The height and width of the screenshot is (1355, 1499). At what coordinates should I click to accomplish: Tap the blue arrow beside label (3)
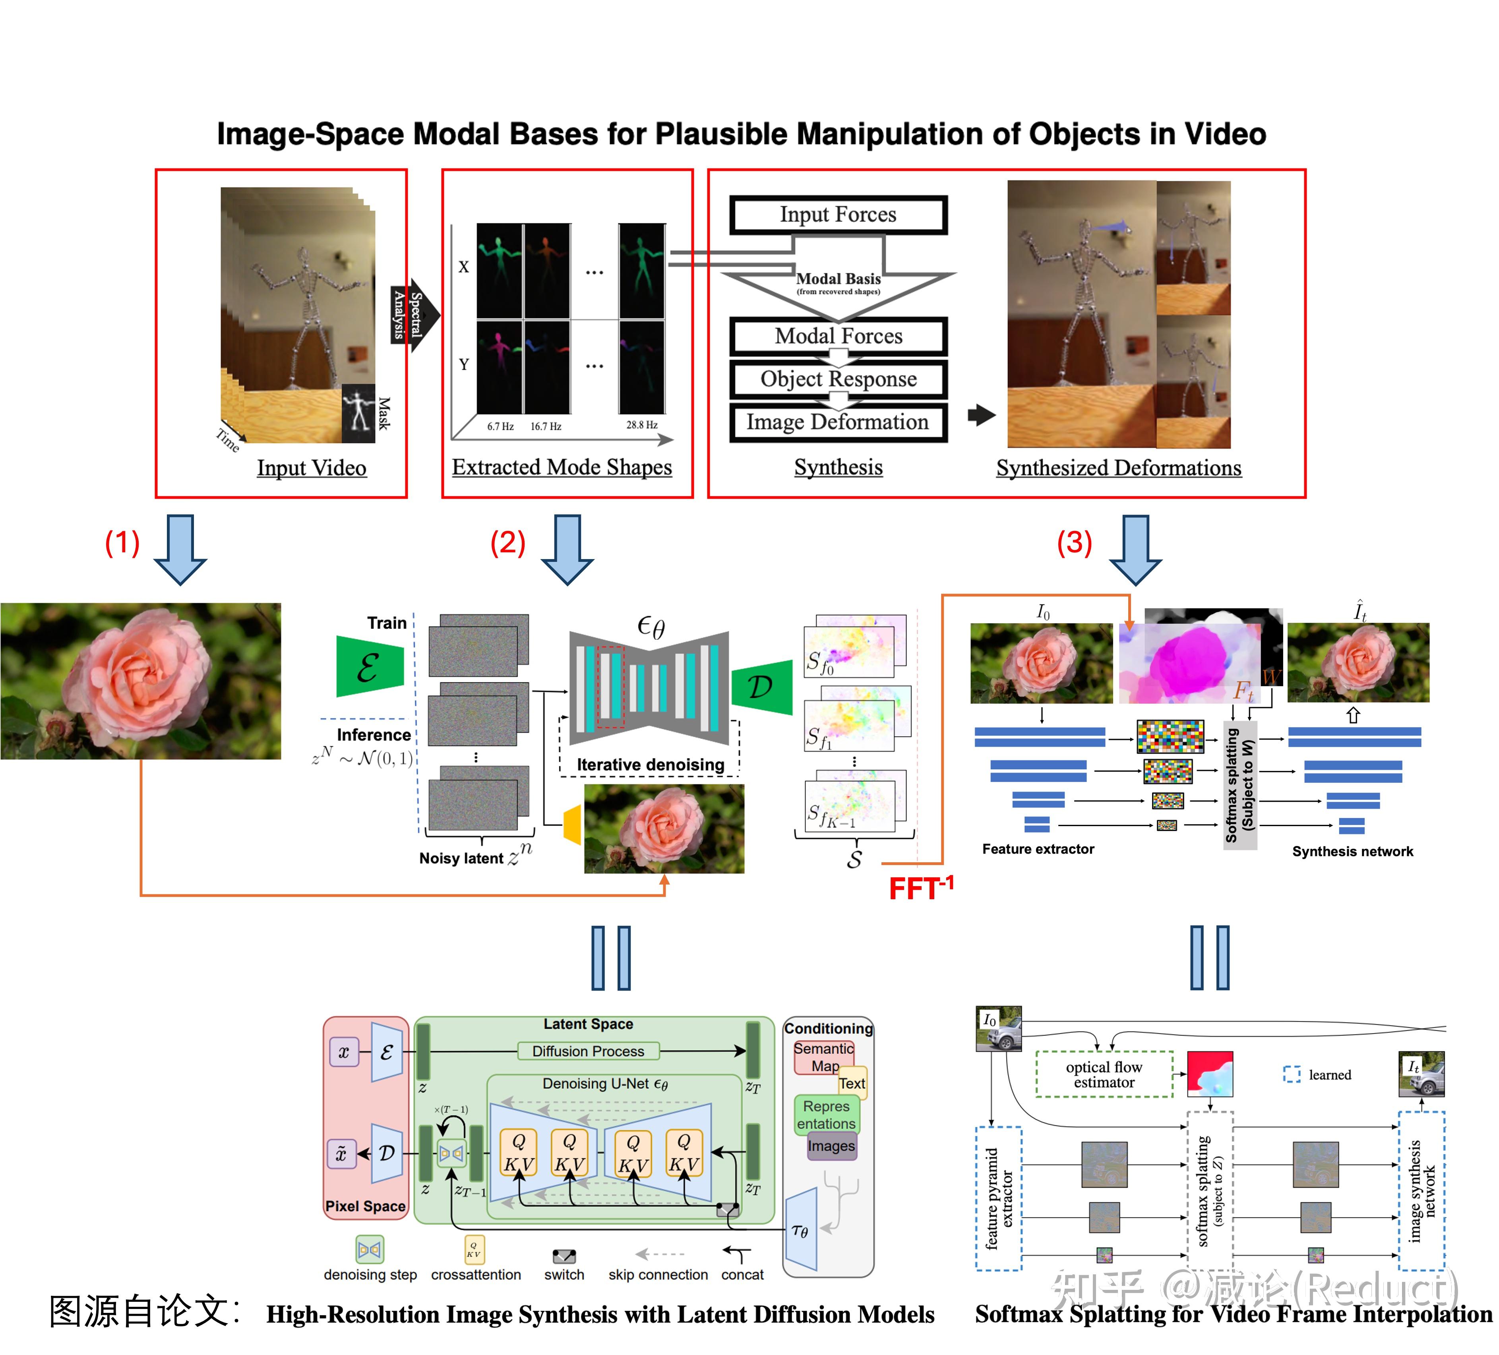pyautogui.click(x=1135, y=548)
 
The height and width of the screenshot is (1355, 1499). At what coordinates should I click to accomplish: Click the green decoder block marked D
pyautogui.click(x=761, y=687)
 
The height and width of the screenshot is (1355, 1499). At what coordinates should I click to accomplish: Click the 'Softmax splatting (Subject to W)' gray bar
pyautogui.click(x=1239, y=785)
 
